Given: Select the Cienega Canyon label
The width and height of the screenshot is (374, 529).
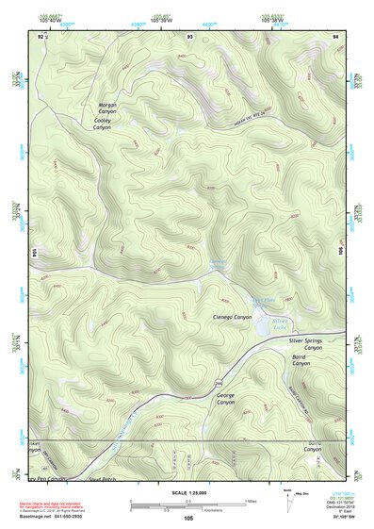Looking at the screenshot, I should [235, 317].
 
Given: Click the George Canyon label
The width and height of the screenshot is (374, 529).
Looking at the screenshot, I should [226, 398].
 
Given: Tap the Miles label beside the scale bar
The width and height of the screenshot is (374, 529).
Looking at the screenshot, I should [250, 501].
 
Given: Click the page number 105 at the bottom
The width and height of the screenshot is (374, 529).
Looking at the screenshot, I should [188, 519].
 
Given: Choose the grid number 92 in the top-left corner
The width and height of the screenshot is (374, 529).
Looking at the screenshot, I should [41, 35].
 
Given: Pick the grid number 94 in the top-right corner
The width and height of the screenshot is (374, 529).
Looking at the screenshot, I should [336, 35].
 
